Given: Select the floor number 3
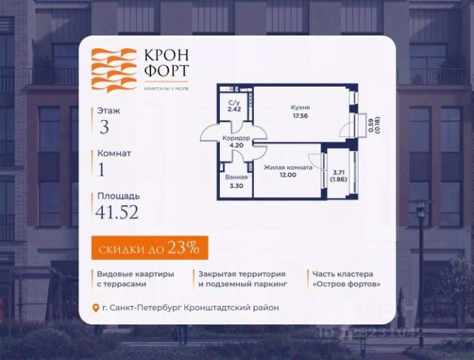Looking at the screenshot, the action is (x=104, y=126).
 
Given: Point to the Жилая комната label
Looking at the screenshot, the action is (x=287, y=167).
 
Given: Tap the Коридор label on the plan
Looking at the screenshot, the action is (x=236, y=138).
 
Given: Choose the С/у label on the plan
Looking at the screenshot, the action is (x=234, y=103).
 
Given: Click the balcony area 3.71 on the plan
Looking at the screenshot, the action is (x=338, y=172).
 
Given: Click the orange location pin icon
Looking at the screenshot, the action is (x=95, y=308).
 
